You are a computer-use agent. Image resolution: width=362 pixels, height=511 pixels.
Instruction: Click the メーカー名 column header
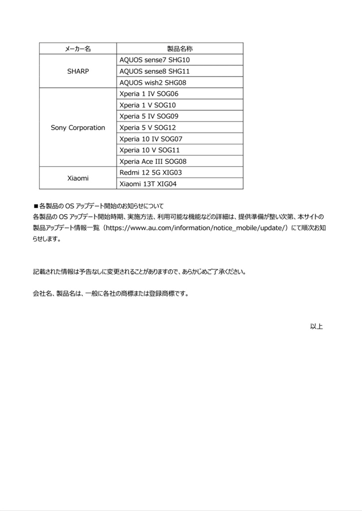click(78, 48)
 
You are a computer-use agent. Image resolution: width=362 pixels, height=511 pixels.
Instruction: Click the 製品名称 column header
click(180, 48)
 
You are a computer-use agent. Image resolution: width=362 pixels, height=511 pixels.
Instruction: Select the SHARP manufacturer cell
click(78, 71)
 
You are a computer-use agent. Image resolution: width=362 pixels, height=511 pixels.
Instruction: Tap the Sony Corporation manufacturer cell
click(78, 128)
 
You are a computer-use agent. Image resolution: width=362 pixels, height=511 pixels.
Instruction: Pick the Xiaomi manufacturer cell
click(78, 178)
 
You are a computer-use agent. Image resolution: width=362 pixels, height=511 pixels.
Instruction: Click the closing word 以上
click(317, 326)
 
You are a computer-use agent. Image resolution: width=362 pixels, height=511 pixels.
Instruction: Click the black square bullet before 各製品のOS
click(35, 206)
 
